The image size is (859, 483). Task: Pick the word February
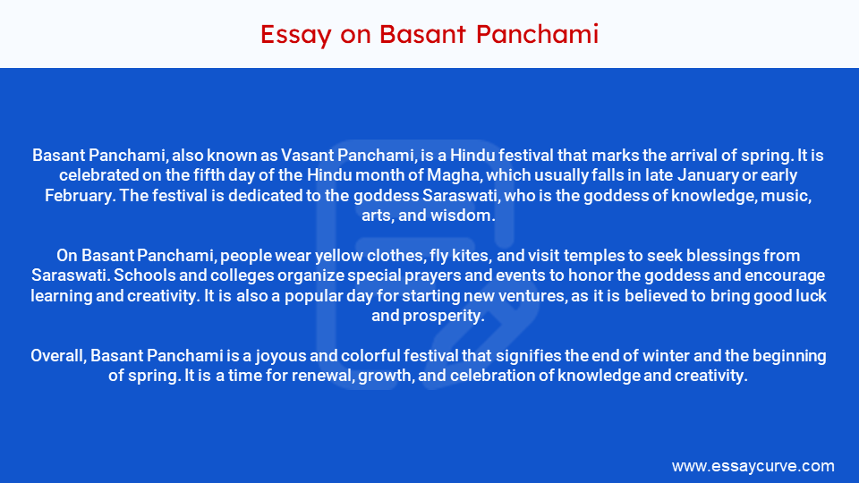(75, 195)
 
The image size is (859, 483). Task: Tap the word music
(788, 195)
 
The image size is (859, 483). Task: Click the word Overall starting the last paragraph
(58, 356)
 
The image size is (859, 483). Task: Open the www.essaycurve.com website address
(753, 466)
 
